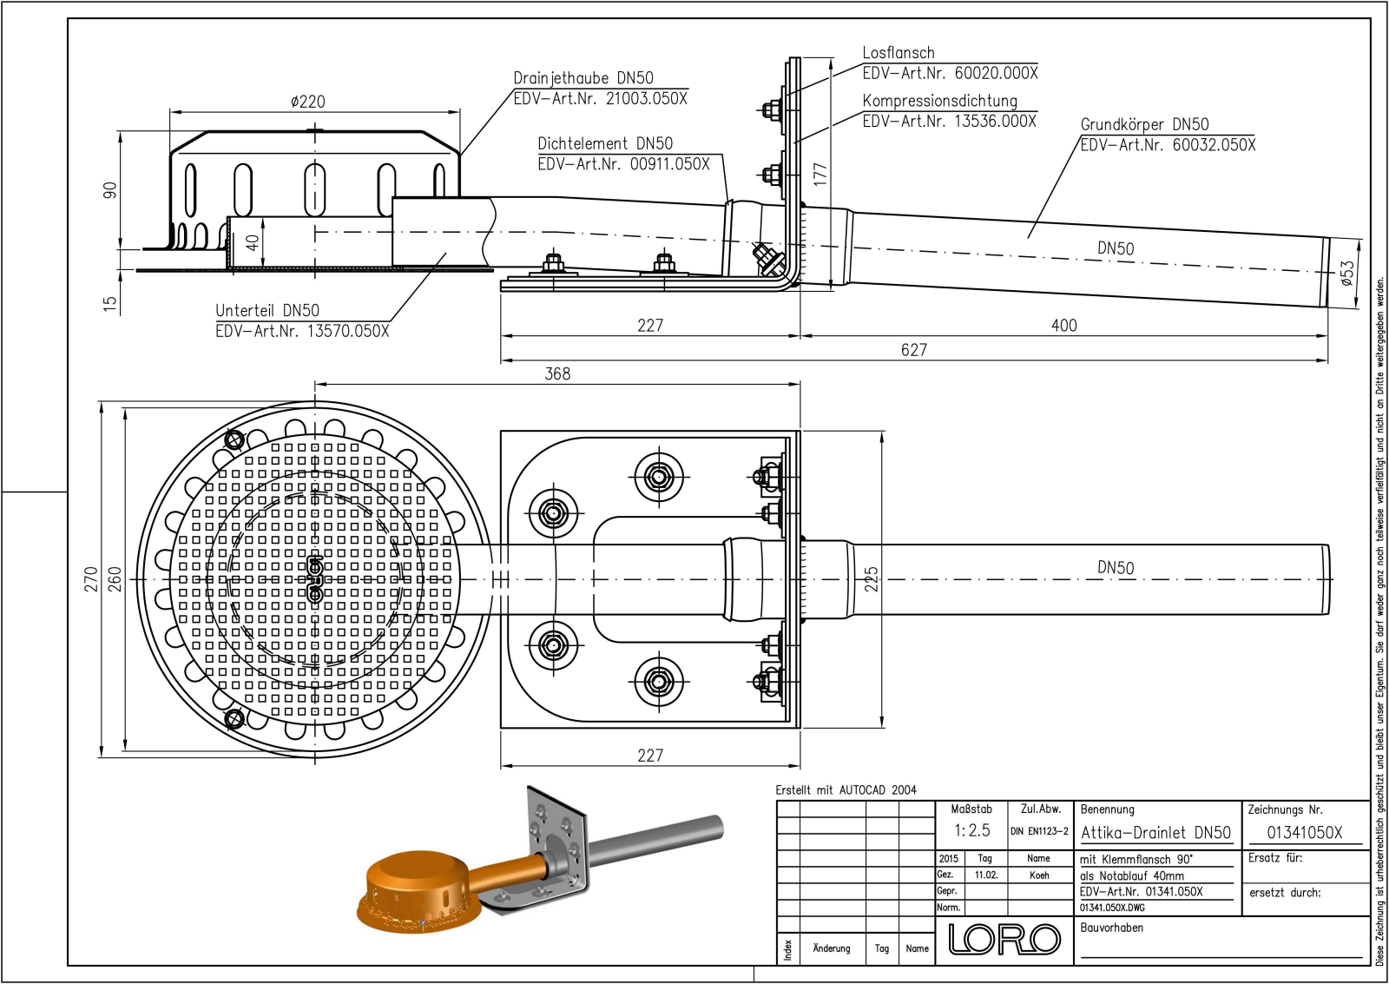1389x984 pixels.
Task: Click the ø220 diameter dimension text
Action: pyautogui.click(x=308, y=102)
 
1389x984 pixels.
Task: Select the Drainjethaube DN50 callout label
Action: pyautogui.click(x=583, y=78)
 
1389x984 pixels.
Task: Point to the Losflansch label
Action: pyautogui.click(x=898, y=53)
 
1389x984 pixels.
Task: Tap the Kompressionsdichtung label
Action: pyautogui.click(x=939, y=101)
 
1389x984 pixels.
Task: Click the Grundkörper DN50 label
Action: pyautogui.click(x=1144, y=124)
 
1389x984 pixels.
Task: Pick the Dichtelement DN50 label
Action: pyautogui.click(x=604, y=143)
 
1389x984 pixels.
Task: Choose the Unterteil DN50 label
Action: pyautogui.click(x=267, y=310)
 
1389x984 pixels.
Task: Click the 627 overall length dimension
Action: pyautogui.click(x=913, y=350)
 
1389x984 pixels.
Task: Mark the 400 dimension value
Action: pyautogui.click(x=1063, y=326)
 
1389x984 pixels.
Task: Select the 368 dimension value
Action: pyautogui.click(x=557, y=373)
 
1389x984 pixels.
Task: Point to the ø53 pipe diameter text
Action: pyautogui.click(x=1346, y=273)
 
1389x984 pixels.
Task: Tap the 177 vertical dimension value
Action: pyautogui.click(x=820, y=174)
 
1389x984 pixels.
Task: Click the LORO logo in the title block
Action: pyautogui.click(x=1004, y=939)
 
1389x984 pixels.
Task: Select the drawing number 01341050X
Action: pyautogui.click(x=1304, y=832)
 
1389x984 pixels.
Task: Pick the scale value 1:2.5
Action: pyautogui.click(x=971, y=830)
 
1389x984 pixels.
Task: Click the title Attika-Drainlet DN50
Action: pyautogui.click(x=1155, y=833)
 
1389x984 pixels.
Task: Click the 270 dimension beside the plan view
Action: pyautogui.click(x=91, y=579)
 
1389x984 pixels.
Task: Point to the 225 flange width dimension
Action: pyautogui.click(x=872, y=579)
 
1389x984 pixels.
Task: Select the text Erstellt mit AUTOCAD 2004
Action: pyautogui.click(x=846, y=790)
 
